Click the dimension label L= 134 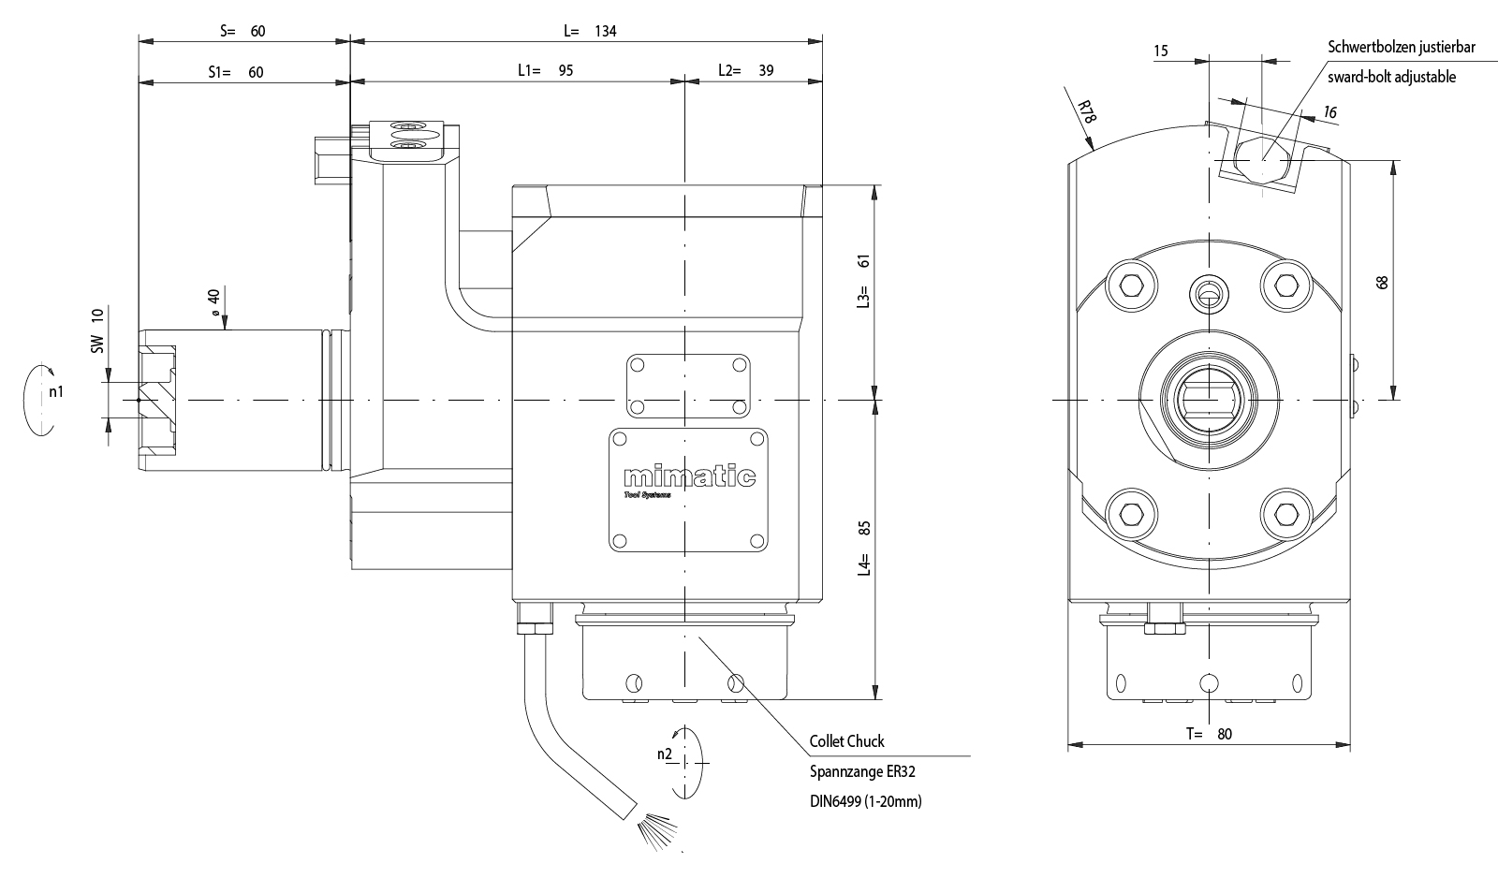(x=590, y=31)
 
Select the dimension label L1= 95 (x=545, y=70)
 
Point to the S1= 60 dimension (x=236, y=71)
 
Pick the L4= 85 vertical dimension (x=864, y=548)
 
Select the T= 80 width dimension (x=1209, y=734)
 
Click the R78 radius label (x=1086, y=113)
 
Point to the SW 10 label (x=97, y=330)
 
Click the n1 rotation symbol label (x=56, y=391)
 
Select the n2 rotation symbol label (x=665, y=754)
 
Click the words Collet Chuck (x=846, y=741)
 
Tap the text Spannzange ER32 (x=861, y=772)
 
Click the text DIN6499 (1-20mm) (x=865, y=801)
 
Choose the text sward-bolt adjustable (x=1391, y=77)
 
